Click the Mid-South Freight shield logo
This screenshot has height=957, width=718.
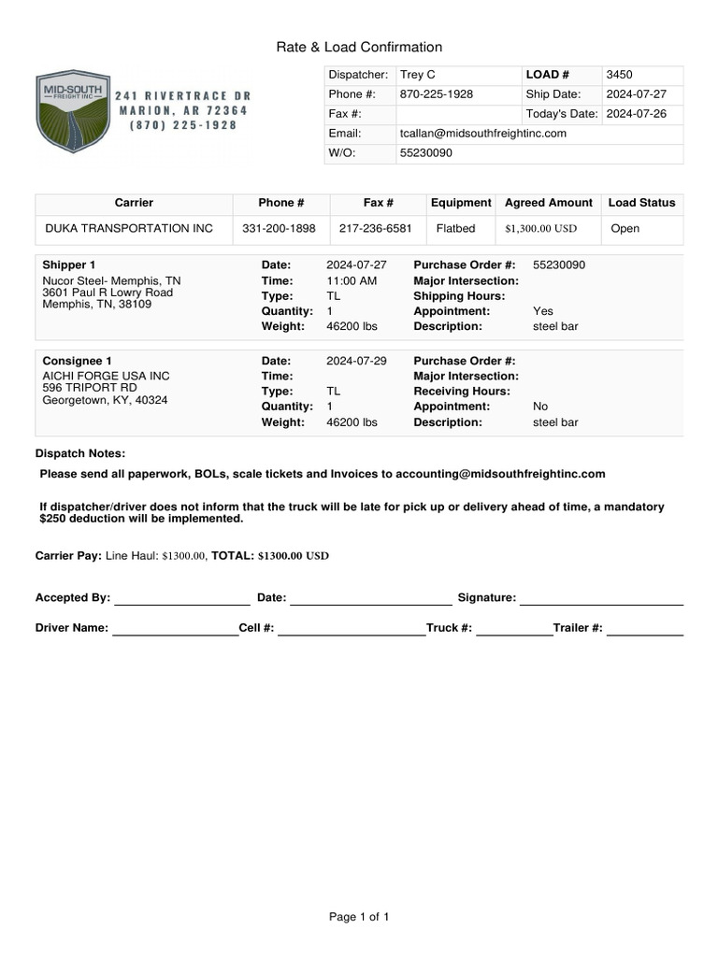(71, 112)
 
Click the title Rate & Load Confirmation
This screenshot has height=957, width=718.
(359, 47)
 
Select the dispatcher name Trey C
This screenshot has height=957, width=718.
(417, 75)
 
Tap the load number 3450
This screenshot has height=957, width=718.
(620, 75)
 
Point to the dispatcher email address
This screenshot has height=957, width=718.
(482, 134)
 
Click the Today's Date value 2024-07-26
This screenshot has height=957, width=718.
(637, 114)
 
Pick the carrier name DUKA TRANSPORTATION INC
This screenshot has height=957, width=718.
(129, 229)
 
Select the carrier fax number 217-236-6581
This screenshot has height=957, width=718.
(376, 229)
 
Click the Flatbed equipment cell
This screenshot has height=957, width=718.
(456, 229)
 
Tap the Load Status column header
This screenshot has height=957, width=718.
(641, 203)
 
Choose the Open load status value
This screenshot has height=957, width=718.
(625, 229)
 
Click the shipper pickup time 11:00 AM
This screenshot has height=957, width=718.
(352, 281)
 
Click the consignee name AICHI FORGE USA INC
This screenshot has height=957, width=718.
(107, 376)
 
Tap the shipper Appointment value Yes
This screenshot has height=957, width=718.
(542, 311)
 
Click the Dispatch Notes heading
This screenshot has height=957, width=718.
(79, 453)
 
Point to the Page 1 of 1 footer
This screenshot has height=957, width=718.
(359, 918)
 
